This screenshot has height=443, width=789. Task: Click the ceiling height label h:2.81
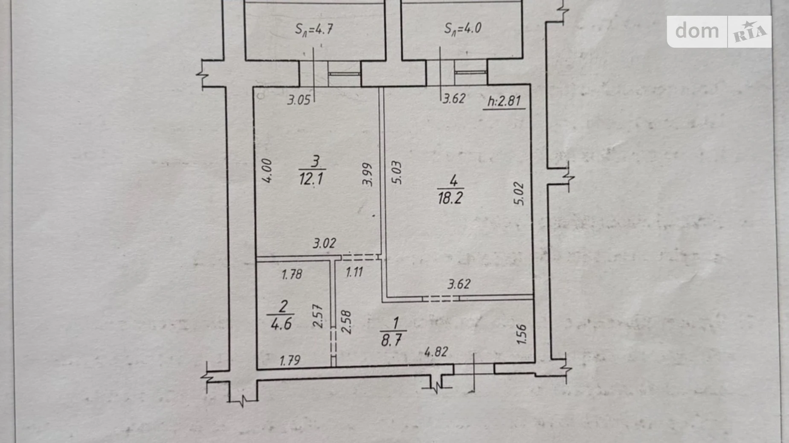[504, 101]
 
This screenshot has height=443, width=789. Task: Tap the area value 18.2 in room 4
[450, 198]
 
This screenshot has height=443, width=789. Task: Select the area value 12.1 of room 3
[311, 178]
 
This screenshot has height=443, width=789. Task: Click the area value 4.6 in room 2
[281, 324]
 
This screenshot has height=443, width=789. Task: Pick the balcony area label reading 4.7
[314, 29]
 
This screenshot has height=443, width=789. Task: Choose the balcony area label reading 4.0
[463, 28]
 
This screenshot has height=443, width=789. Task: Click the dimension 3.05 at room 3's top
[299, 101]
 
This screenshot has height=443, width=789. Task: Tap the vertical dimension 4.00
[267, 171]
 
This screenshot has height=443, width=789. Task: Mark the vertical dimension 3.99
[368, 174]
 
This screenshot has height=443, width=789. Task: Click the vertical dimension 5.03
[396, 172]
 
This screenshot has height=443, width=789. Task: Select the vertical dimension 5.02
[519, 193]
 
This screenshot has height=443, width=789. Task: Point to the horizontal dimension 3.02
[325, 244]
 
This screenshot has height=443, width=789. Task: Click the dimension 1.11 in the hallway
[354, 272]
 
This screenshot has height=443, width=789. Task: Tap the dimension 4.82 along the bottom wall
[436, 352]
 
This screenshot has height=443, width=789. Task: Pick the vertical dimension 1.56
[522, 334]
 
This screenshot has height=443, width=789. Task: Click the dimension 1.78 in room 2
[292, 274]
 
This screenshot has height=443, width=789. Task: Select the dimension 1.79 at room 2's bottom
[290, 361]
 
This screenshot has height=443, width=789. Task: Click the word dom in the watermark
[697, 31]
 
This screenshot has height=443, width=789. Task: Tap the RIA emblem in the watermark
[750, 32]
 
